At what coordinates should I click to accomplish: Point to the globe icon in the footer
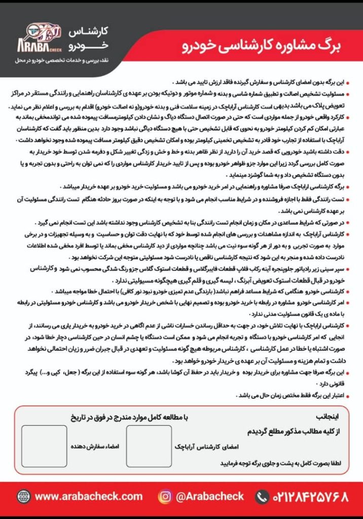point(23,496)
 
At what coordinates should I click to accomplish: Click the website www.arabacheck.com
point(89,496)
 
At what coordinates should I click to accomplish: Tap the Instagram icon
point(164,496)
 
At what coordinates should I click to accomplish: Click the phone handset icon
point(262,496)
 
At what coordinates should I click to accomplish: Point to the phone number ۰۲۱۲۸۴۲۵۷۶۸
point(310,496)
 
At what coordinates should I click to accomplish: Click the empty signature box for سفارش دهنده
point(44,446)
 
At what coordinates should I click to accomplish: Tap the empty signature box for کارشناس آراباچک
point(149,446)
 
